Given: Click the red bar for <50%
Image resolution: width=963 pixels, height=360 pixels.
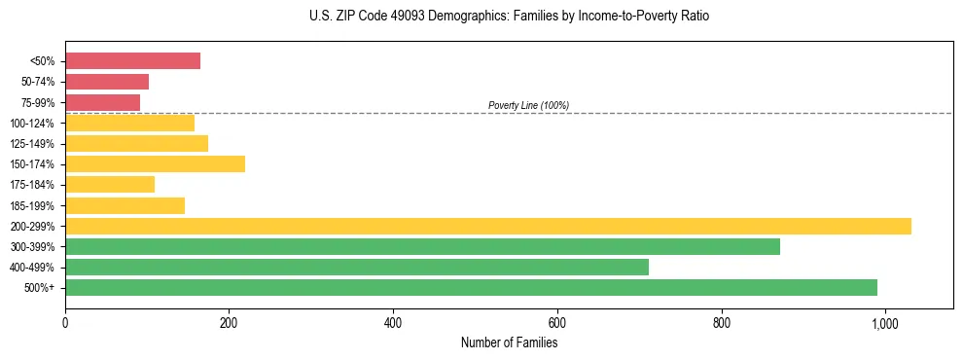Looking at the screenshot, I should tap(132, 61).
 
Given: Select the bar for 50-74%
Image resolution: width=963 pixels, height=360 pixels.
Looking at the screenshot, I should tap(107, 82).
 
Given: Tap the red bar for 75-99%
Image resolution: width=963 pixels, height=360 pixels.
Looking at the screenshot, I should tap(102, 102).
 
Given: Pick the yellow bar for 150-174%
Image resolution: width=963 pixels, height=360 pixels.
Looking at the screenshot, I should tap(155, 163).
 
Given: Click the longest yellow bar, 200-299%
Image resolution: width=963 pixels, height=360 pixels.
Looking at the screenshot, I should tap(487, 226).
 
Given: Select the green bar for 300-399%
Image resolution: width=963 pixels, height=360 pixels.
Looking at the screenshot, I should tap(422, 246).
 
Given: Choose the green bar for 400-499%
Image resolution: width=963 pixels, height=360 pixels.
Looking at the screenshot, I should tap(356, 267).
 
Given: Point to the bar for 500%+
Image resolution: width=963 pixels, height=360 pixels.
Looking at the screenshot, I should tap(471, 287).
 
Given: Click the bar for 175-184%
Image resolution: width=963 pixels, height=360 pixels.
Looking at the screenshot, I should tap(110, 184).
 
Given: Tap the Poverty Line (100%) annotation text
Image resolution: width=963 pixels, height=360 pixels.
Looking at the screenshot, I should tap(528, 105).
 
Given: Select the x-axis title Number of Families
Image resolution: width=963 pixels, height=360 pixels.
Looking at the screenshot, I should tap(509, 342).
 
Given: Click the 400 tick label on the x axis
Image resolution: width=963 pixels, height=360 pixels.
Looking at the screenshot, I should tap(393, 323).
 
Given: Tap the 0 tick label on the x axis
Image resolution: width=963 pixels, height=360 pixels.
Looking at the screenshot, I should tap(65, 323).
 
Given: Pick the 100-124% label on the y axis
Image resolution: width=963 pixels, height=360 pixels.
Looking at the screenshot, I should tap(32, 124).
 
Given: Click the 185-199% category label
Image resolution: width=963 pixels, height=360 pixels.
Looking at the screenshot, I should tap(32, 205).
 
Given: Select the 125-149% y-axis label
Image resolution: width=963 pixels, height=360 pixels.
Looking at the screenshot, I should tap(32, 144).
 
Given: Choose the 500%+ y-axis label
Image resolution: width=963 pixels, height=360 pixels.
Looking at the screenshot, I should tap(38, 288).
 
